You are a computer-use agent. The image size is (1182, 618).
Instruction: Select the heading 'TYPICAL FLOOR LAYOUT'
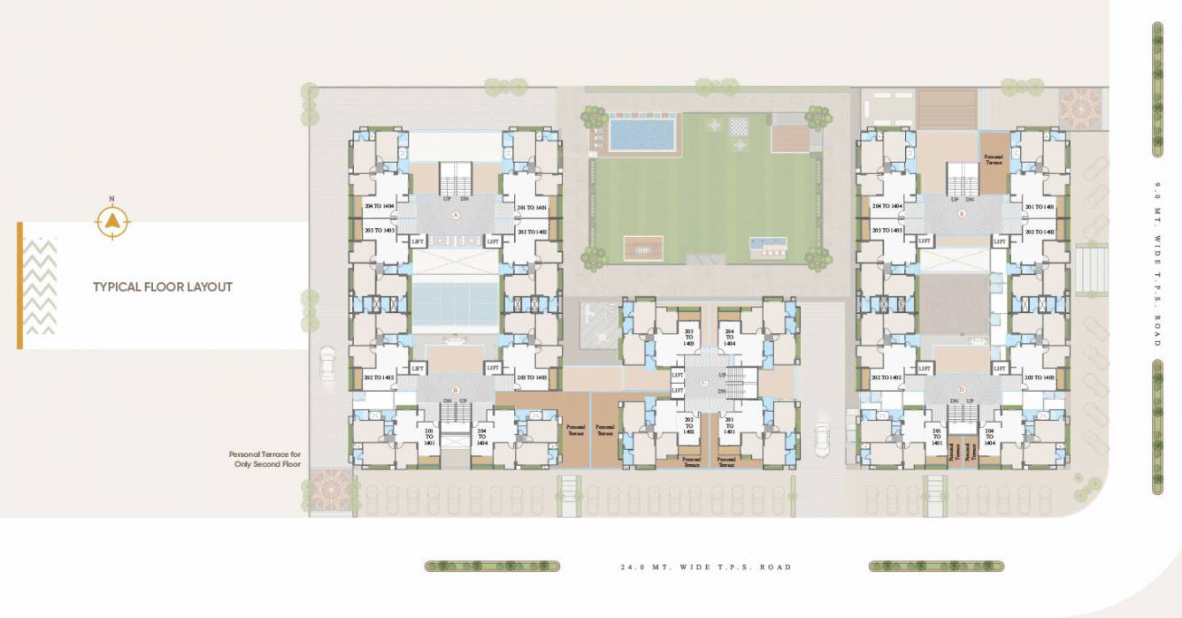click(163, 287)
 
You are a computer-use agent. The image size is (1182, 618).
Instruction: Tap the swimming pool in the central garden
click(641, 134)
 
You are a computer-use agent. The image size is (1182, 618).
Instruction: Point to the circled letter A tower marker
click(456, 215)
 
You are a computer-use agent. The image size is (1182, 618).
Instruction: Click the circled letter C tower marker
click(703, 382)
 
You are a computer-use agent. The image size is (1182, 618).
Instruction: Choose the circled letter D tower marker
click(962, 389)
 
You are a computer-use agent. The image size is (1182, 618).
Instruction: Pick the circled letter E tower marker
click(962, 213)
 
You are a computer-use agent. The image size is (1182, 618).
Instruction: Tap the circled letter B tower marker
click(456, 389)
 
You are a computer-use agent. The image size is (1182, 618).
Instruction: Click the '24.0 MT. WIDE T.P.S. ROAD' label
click(705, 567)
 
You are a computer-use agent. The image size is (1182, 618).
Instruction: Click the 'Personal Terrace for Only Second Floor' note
click(265, 459)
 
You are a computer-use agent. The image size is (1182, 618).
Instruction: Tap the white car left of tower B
click(328, 362)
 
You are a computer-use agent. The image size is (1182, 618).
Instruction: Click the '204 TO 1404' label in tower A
click(380, 208)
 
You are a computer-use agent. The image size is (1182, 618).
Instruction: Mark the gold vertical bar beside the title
click(19, 286)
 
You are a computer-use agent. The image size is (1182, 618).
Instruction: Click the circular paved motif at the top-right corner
click(1080, 109)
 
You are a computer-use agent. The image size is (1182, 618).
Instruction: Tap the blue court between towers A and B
click(456, 303)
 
